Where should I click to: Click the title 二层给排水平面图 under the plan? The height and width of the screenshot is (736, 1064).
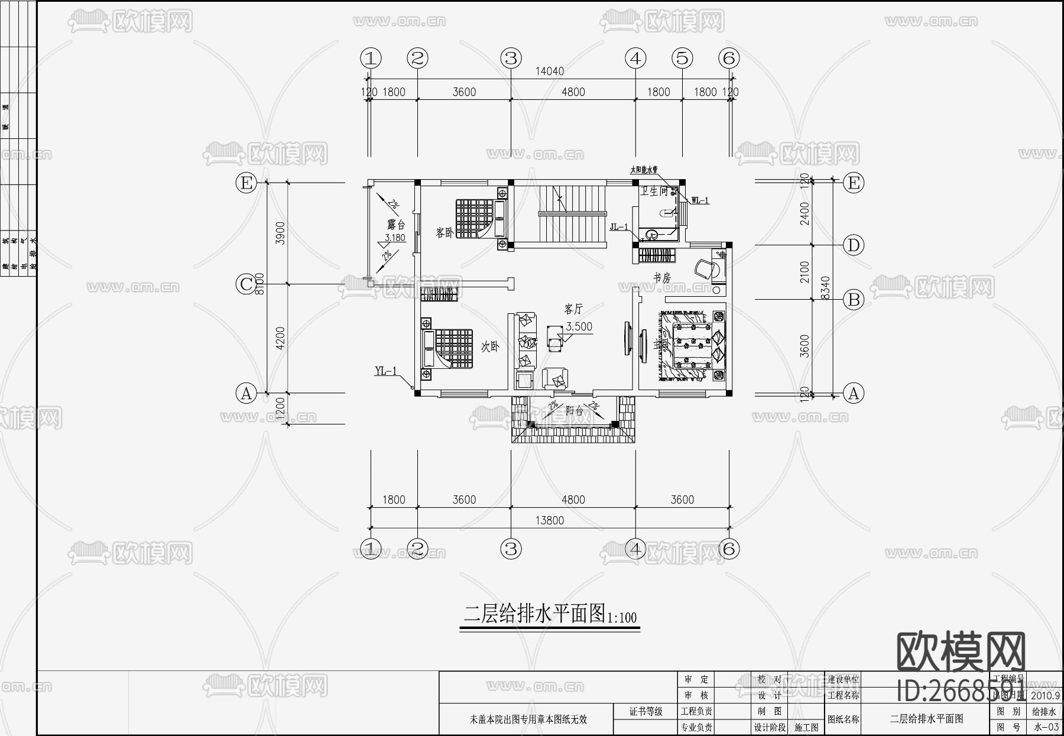(534, 614)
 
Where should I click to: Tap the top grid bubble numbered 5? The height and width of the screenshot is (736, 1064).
(682, 58)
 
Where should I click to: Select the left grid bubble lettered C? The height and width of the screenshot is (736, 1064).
(246, 284)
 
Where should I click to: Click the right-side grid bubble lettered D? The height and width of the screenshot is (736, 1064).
(853, 245)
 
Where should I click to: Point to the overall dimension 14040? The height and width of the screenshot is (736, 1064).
(549, 72)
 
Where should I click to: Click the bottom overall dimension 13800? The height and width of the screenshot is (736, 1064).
(549, 520)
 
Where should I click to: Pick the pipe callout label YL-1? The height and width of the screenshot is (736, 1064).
(385, 371)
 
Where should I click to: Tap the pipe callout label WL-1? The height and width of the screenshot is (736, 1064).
(700, 200)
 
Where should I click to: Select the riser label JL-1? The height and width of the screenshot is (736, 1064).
(619, 227)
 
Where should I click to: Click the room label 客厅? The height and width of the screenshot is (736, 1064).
(573, 309)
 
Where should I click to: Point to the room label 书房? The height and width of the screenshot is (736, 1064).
(661, 277)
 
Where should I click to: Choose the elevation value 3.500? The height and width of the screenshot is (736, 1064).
(579, 326)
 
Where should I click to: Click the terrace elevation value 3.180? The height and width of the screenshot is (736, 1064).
(395, 238)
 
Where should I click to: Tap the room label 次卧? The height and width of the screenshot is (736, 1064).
(490, 346)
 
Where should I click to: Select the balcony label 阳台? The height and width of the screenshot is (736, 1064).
(574, 410)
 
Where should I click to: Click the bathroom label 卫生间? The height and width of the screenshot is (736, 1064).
(654, 191)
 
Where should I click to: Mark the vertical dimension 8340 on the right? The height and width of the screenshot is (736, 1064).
(826, 288)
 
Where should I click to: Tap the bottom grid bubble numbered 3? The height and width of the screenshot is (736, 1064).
(511, 549)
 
